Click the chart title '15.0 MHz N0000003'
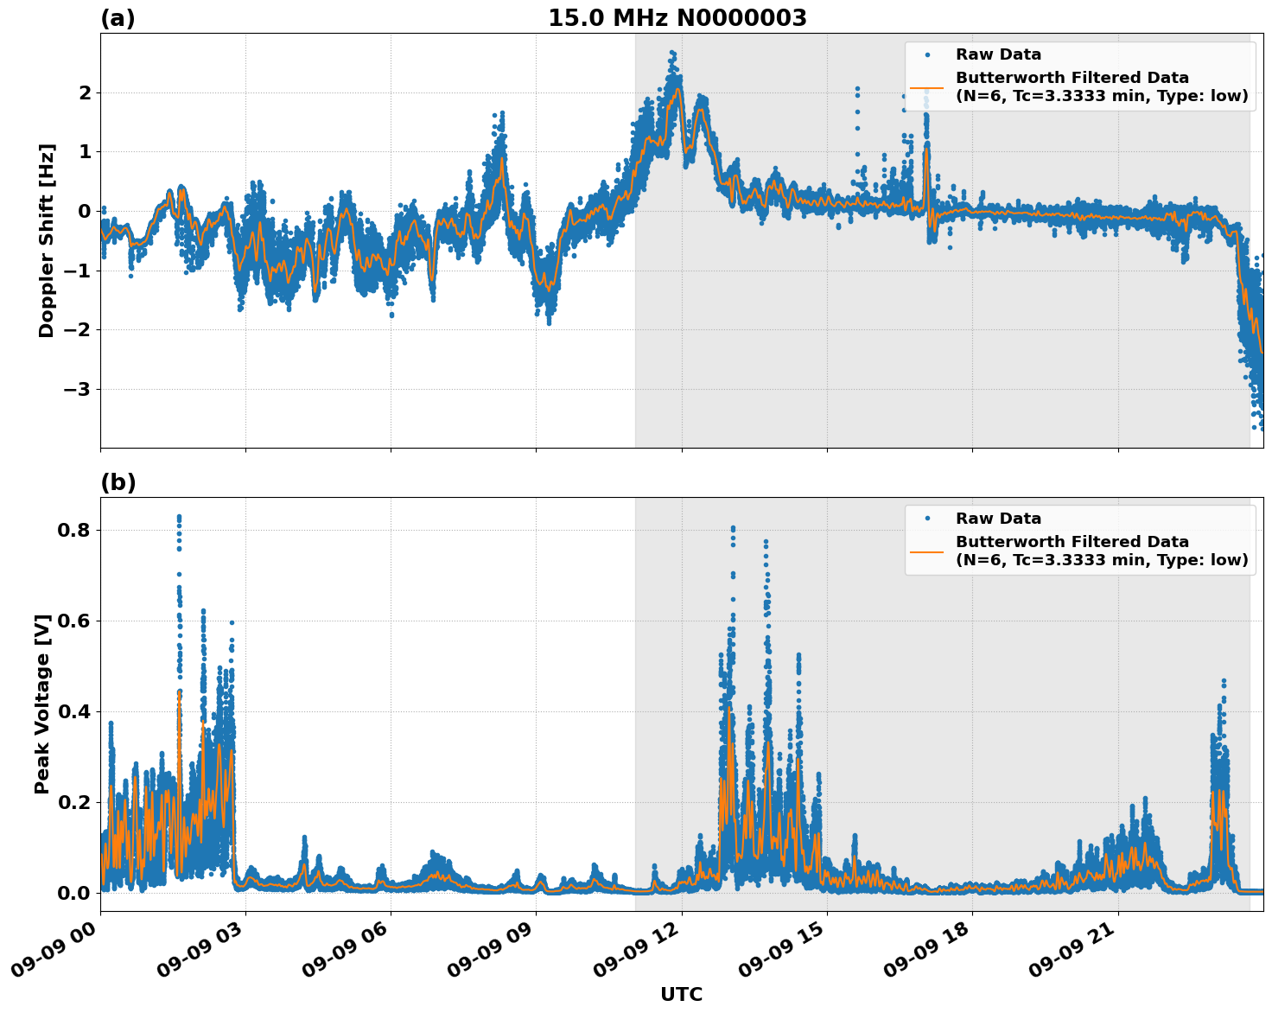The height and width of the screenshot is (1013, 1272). click(x=677, y=18)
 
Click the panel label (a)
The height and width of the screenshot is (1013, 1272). click(x=118, y=18)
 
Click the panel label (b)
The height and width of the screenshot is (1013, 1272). click(x=118, y=482)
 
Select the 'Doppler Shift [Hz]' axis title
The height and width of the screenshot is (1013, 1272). click(x=47, y=240)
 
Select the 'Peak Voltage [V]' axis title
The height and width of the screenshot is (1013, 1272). click(x=42, y=704)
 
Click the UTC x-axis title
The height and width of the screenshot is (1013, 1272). click(x=681, y=994)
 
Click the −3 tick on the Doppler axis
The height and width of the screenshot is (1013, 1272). click(x=77, y=389)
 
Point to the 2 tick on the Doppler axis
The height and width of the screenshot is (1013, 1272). click(x=85, y=92)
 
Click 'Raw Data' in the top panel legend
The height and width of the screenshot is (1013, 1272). click(x=998, y=54)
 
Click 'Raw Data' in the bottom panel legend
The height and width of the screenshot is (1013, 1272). click(x=998, y=519)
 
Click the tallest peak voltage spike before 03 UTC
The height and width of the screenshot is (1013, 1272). click(x=179, y=517)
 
